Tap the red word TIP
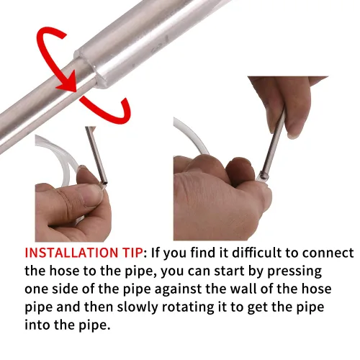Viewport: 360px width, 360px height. [x=131, y=253]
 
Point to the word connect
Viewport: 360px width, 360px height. [x=328, y=253]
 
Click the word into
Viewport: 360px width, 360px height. [x=37, y=325]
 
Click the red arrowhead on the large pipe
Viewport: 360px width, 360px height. [x=68, y=81]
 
